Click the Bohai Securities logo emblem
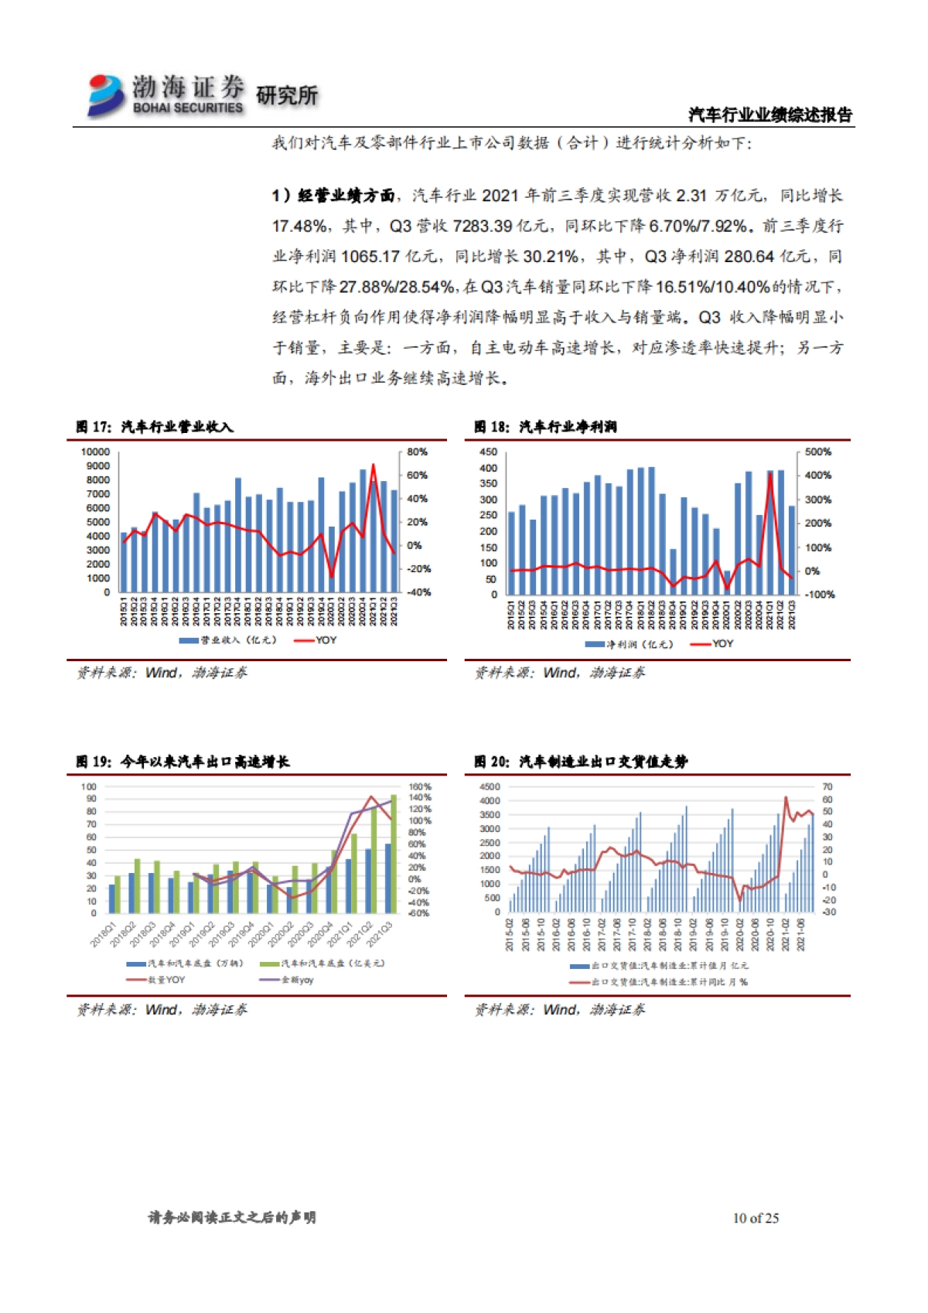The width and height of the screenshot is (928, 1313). [106, 95]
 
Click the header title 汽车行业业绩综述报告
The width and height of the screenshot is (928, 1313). [769, 115]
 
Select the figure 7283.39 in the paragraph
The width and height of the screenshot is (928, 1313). [483, 226]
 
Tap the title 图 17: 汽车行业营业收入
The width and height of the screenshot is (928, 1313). [155, 427]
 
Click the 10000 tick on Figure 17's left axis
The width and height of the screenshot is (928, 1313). [95, 452]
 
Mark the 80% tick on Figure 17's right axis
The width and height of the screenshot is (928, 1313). [417, 452]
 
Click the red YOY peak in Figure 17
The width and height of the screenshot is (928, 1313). [374, 466]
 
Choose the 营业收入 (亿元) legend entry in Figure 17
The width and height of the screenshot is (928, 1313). [228, 640]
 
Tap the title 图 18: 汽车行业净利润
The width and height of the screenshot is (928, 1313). [545, 427]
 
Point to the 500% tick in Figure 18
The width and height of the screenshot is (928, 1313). [817, 452]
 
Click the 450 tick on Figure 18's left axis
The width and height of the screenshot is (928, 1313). [488, 452]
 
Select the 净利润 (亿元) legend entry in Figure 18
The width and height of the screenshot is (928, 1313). [630, 644]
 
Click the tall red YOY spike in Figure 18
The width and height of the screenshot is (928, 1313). [770, 474]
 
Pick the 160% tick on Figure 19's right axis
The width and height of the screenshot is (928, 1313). [419, 786]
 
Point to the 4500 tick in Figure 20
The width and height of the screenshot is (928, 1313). [490, 787]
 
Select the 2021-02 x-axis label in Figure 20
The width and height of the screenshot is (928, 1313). [786, 935]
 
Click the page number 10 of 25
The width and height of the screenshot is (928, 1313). [756, 1218]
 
